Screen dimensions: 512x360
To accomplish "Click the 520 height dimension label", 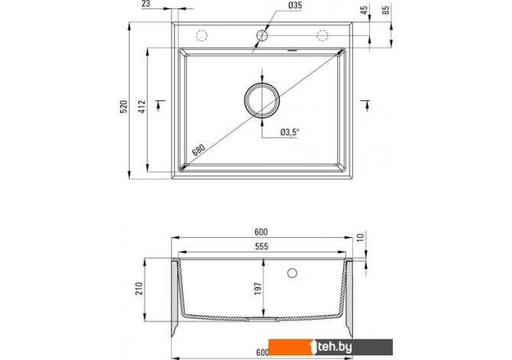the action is pos(124,106).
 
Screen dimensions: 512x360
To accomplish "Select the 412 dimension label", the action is pos(142,106).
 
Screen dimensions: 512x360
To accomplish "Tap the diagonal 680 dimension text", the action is pos(198,150).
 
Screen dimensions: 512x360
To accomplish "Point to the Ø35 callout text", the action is pos(295,5).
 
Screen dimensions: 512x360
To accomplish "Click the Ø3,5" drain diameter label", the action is pos(290,132).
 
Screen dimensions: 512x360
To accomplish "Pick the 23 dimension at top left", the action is pos(146,4).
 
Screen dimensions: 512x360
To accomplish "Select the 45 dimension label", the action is pos(365,10).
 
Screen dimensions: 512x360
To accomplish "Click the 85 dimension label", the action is pos(386,10).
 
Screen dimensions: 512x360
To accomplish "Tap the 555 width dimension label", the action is pos(261,246).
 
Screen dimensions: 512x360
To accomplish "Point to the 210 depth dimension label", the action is pos(139,289).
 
